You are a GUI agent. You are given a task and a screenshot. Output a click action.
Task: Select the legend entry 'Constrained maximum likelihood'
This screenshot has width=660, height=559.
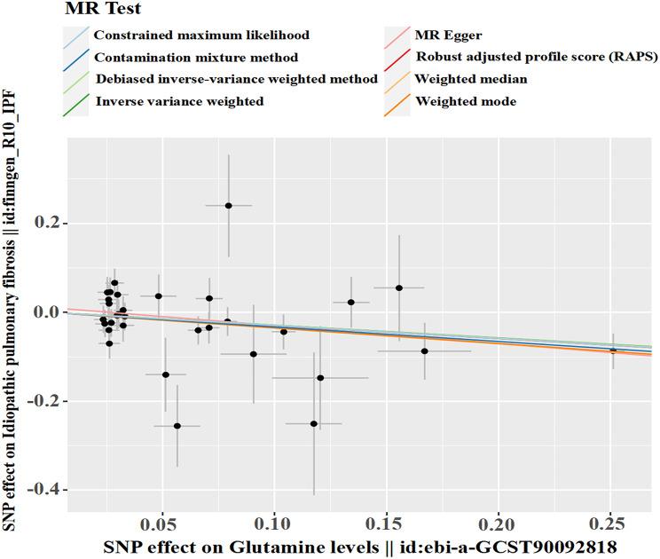click(201, 35)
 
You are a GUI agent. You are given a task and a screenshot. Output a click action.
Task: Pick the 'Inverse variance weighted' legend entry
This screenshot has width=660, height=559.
click(178, 101)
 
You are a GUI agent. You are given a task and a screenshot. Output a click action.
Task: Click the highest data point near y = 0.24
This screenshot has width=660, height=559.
click(228, 205)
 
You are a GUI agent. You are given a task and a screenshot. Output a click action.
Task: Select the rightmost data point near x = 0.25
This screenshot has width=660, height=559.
click(613, 350)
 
